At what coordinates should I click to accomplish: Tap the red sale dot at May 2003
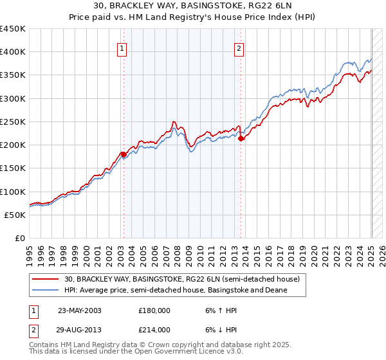tap(124, 154)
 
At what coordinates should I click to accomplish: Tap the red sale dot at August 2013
tap(241, 138)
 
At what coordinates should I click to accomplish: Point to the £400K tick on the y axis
tap(13, 52)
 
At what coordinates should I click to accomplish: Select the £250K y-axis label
tap(13, 122)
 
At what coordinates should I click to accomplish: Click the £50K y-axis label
tap(16, 215)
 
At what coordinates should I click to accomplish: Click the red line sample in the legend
tap(46, 280)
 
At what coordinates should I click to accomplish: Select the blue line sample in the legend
tap(46, 291)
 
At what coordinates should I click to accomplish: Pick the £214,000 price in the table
tap(154, 330)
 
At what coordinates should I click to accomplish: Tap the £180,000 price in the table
tap(154, 310)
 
